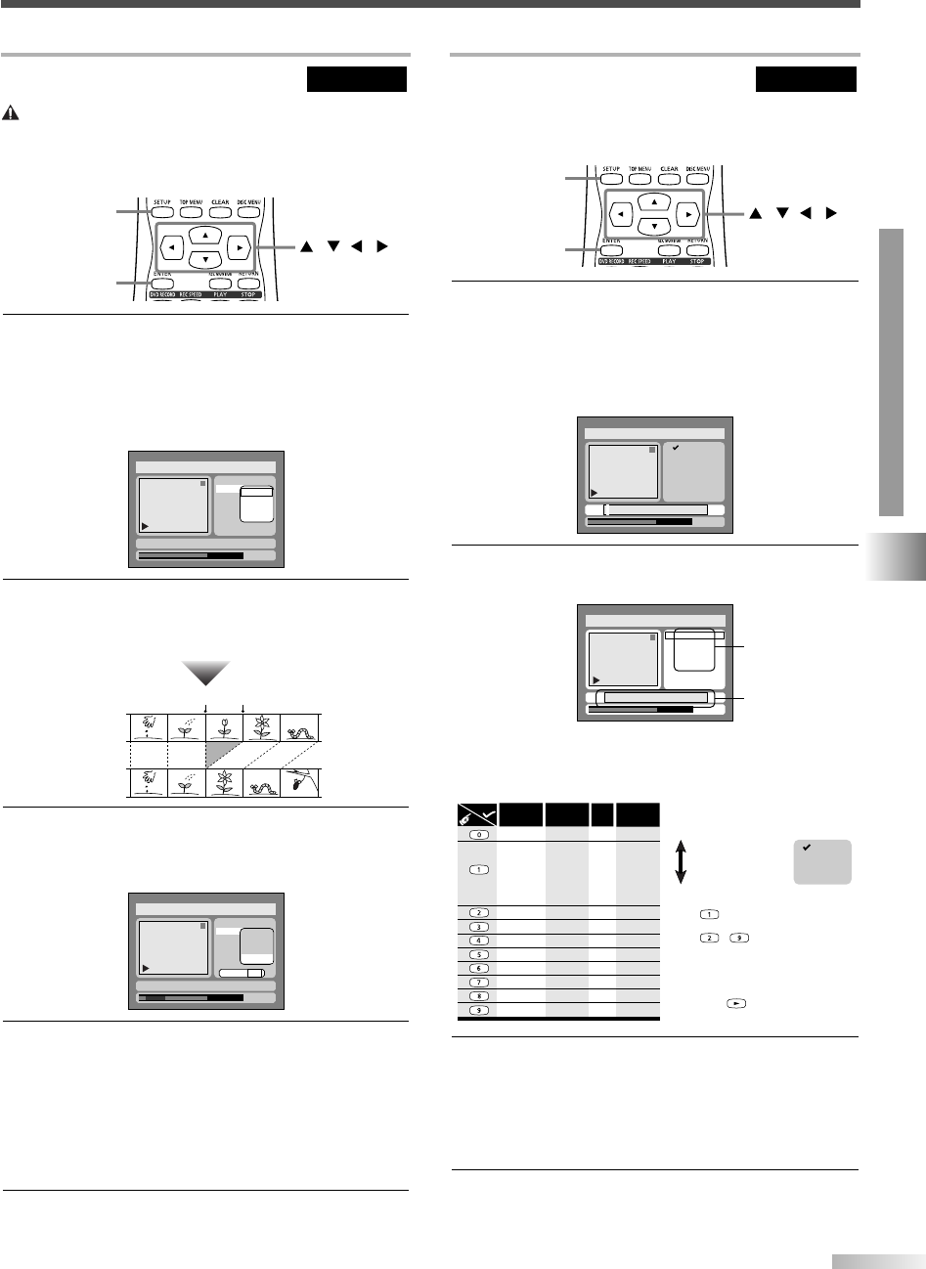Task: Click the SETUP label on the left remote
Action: (x=161, y=204)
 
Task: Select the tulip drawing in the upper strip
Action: (x=224, y=726)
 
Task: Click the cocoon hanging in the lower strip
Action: (x=300, y=783)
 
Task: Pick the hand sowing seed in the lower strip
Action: (x=147, y=784)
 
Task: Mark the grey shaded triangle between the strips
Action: (x=220, y=754)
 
